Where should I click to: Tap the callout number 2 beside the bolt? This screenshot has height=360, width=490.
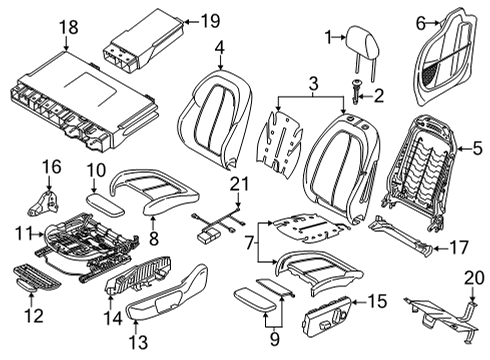(x=378, y=96)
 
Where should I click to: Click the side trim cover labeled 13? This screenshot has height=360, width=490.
(x=170, y=306)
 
